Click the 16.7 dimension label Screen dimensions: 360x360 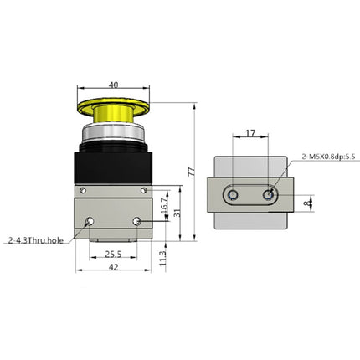click(x=163, y=203)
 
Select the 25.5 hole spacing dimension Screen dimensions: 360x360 click(x=115, y=254)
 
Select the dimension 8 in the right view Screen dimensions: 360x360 click(x=309, y=201)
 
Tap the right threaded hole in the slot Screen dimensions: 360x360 click(x=269, y=194)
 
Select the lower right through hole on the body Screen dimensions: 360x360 click(x=137, y=222)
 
